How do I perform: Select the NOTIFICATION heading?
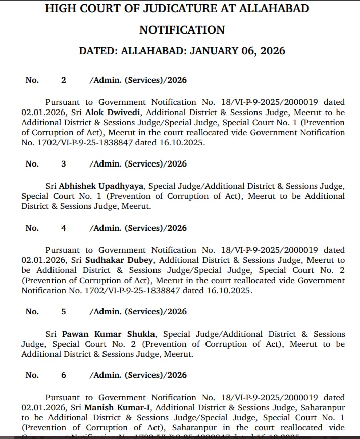pos(182,30)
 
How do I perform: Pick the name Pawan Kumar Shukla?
pos(109,334)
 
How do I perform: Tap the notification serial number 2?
pos(64,80)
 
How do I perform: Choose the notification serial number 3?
pos(64,163)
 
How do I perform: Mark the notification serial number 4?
pos(64,228)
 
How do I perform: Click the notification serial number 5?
pos(64,311)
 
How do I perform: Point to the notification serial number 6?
pos(64,375)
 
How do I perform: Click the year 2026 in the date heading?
pos(272,51)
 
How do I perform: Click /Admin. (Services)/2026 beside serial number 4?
pos(138,228)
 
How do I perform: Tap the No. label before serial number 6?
pos(32,375)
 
